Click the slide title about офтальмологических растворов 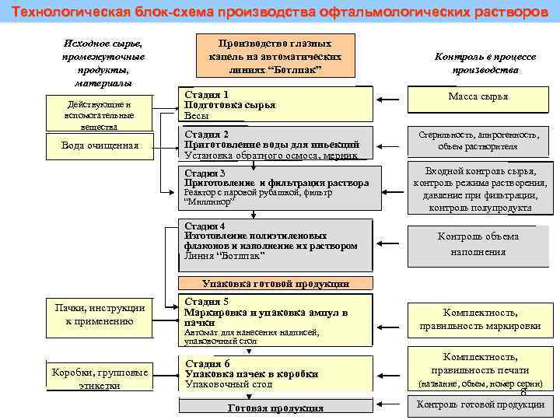pyautogui.click(x=280, y=12)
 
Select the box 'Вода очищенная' pyautogui.click(x=100, y=145)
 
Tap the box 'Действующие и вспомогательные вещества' pyautogui.click(x=100, y=114)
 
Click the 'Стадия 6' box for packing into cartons pyautogui.click(x=275, y=374)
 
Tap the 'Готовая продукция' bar pyautogui.click(x=275, y=408)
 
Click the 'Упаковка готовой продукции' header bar pyautogui.click(x=275, y=284)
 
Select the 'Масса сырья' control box pyautogui.click(x=478, y=97)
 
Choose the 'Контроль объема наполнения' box pyautogui.click(x=478, y=244)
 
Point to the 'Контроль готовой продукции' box pyautogui.click(x=479, y=404)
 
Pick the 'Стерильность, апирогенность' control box pyautogui.click(x=478, y=140)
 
